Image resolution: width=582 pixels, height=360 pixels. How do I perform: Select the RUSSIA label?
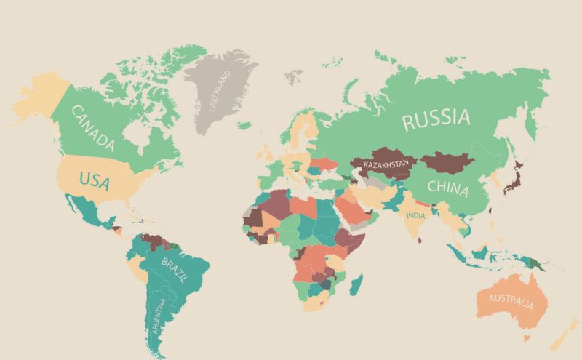click(436, 119)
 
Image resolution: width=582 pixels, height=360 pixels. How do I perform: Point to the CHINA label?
click(448, 185)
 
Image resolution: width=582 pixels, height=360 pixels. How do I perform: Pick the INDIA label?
click(416, 216)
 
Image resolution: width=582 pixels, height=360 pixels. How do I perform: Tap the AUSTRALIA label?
click(510, 300)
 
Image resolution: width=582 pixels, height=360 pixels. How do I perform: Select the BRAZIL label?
click(175, 270)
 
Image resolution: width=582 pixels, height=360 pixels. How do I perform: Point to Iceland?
click(244, 125)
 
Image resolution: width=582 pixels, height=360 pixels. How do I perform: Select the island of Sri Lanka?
click(424, 241)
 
